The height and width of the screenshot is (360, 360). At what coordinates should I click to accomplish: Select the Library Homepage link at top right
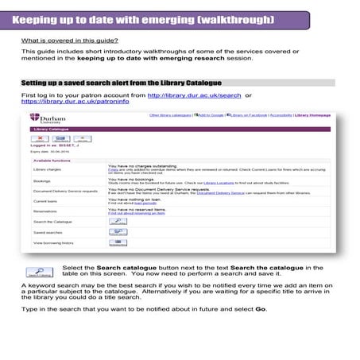point(314,115)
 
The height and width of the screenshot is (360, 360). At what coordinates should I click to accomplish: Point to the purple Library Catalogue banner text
point(47,128)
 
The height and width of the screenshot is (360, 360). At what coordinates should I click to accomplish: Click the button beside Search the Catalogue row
point(116,220)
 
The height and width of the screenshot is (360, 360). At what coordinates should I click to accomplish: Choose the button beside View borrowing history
point(116,242)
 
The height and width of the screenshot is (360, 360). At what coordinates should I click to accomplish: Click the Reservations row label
point(45,211)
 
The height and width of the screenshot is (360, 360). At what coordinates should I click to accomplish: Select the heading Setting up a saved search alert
point(121,83)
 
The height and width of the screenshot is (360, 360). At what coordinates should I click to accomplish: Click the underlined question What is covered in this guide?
point(71,40)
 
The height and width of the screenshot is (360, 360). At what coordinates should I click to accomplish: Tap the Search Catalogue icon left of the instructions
point(40,273)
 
